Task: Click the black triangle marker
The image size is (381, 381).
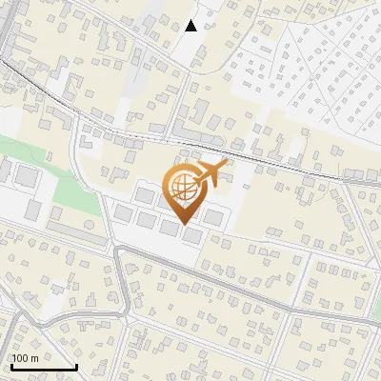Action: click(x=191, y=26)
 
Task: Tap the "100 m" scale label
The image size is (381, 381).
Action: click(x=25, y=358)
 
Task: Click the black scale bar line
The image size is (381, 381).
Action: click(x=43, y=367)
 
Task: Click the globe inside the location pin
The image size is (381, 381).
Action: click(x=182, y=185)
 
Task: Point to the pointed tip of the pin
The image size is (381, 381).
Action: click(x=181, y=209)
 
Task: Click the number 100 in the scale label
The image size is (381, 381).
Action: click(x=20, y=358)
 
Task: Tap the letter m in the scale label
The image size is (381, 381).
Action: click(x=34, y=358)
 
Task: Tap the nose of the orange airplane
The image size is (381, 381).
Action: click(x=227, y=166)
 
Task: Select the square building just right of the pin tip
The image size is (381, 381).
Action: click(x=213, y=217)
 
